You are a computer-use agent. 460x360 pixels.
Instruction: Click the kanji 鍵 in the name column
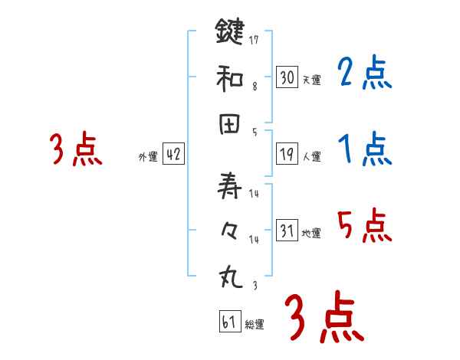pos(229,33)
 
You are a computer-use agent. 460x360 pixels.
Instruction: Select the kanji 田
pos(229,126)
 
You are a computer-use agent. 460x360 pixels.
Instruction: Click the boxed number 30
pos(287,77)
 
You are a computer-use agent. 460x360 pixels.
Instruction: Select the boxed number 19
pos(287,155)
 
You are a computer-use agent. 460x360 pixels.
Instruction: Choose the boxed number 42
pos(173,155)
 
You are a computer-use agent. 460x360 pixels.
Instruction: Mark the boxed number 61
pos(229,322)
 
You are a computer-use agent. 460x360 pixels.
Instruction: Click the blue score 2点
pos(365,74)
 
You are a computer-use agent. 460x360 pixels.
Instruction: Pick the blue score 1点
pos(365,149)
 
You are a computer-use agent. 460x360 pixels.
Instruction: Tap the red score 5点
pos(365,225)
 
